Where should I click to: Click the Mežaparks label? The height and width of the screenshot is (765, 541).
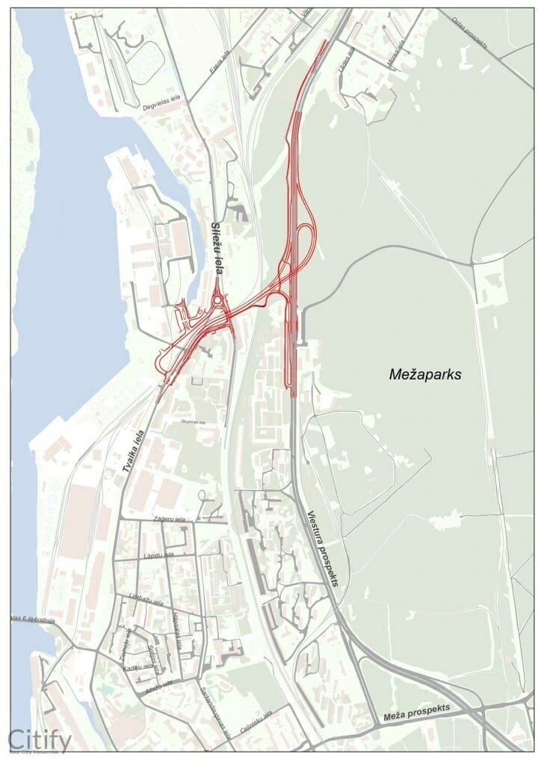pyautogui.click(x=426, y=374)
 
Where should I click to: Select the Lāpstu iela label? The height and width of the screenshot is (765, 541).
pyautogui.click(x=159, y=555)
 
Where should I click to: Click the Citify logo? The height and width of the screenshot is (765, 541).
pyautogui.click(x=40, y=740)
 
